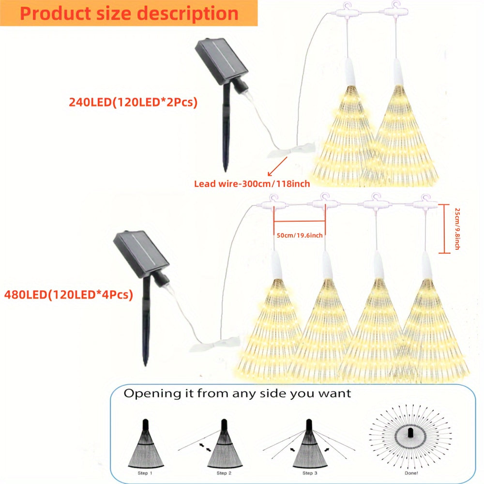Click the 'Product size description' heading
point(129,13)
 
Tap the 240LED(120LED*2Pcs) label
point(133,103)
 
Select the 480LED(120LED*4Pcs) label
point(68,294)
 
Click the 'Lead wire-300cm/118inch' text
point(252,184)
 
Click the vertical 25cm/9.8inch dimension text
point(456,229)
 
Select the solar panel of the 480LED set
point(140,254)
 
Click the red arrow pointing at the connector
point(274,169)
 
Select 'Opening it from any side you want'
point(237,393)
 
